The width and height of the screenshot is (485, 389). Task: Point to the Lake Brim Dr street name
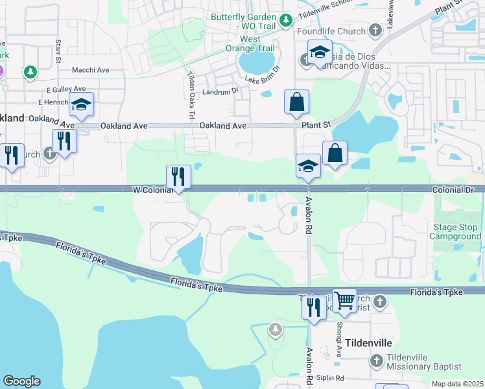click(x=262, y=74)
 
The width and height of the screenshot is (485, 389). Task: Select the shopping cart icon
click(x=345, y=300)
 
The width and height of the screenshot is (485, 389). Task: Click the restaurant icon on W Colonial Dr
click(x=178, y=176)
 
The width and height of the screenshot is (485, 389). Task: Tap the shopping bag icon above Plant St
click(x=296, y=102)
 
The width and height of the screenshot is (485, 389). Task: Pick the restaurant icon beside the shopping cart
click(x=314, y=307)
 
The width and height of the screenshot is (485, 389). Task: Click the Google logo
click(x=21, y=381)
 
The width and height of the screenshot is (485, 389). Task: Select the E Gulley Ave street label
click(x=66, y=89)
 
